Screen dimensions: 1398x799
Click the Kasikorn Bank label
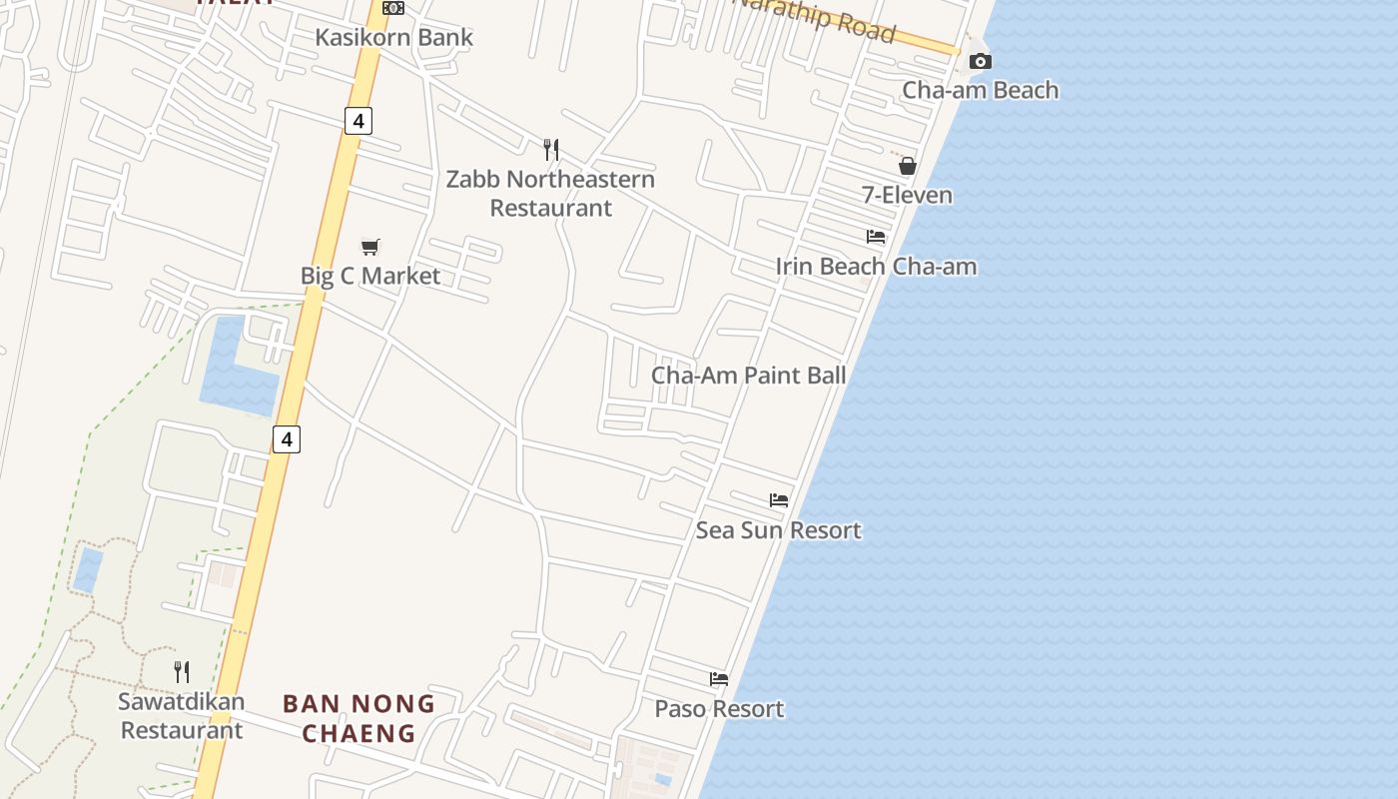pos(393,38)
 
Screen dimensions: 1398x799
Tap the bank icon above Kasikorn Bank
pos(393,8)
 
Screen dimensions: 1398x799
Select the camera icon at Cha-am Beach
pos(980,62)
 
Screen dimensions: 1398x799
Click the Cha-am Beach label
pos(980,90)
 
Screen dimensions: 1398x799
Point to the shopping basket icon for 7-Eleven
pos(907,166)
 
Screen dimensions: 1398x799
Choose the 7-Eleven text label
pos(907,195)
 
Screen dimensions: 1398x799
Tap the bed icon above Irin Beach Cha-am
pos(876,237)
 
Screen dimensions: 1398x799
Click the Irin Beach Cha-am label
pos(876,267)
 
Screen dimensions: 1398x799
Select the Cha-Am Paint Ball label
pos(748,376)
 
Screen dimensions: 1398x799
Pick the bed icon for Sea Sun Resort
pos(779,499)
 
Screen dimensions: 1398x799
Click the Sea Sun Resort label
pos(778,530)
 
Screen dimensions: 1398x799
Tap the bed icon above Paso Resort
pos(719,679)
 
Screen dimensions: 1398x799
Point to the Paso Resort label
pos(719,709)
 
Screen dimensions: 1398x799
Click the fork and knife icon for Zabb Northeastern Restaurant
pos(551,150)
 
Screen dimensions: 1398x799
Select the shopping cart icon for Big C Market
pos(370,247)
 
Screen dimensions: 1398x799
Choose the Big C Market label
pos(370,276)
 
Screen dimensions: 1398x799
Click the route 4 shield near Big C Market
pos(357,121)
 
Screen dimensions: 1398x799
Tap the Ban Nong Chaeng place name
pos(358,718)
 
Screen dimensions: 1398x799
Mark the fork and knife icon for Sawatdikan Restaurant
pos(182,671)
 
